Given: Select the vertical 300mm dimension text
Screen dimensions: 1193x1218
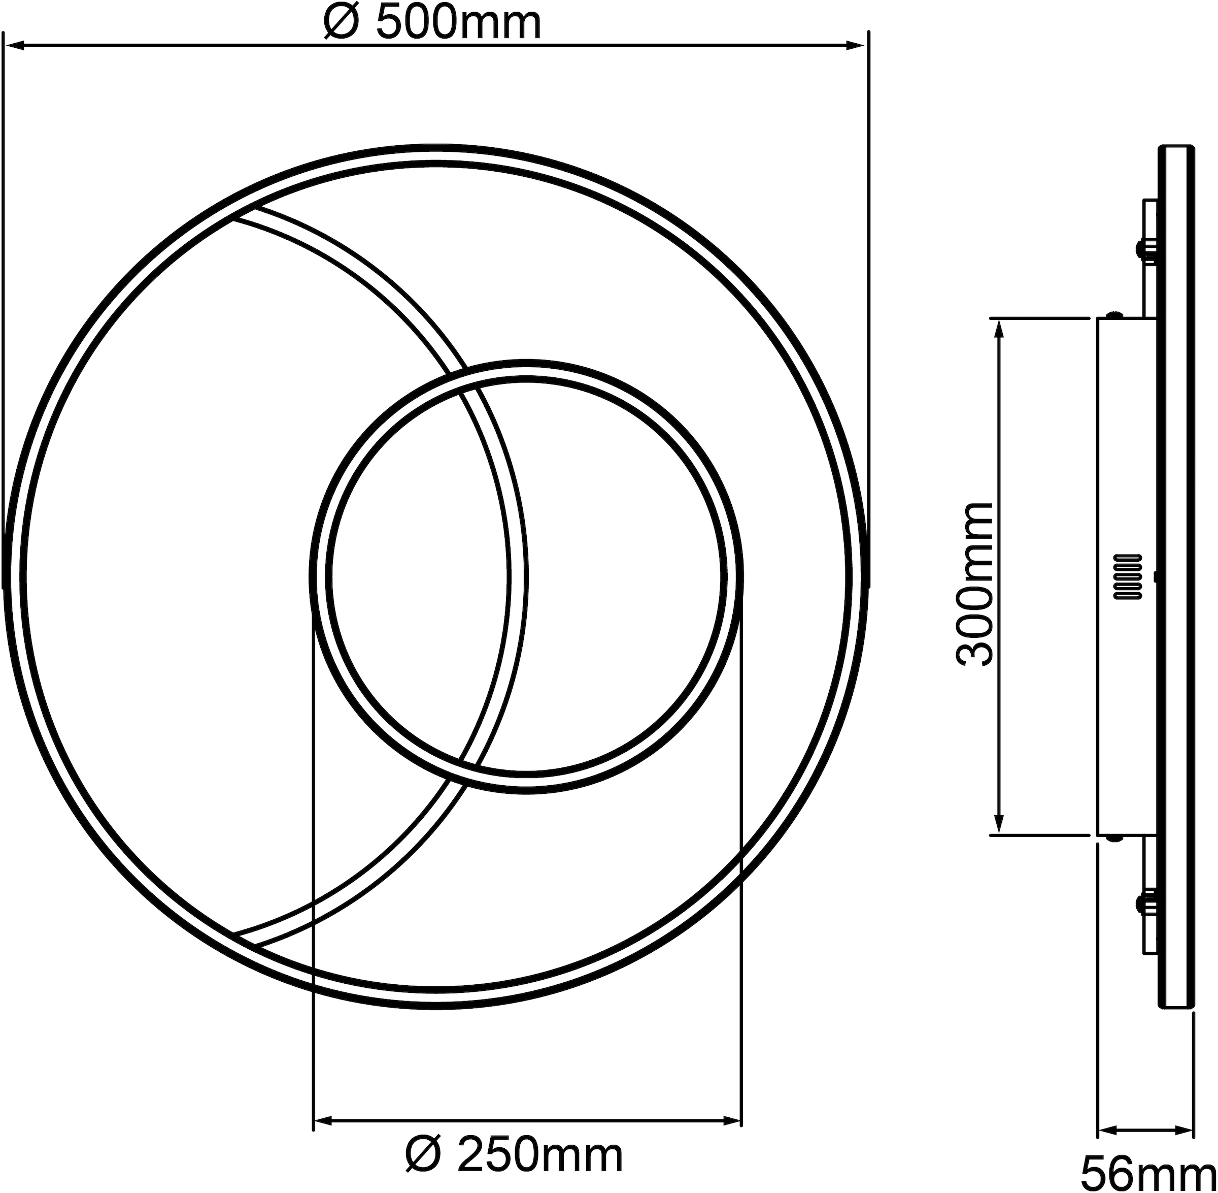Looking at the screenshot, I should (x=975, y=583).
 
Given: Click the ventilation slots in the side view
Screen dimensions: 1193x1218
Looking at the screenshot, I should (x=1128, y=576).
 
